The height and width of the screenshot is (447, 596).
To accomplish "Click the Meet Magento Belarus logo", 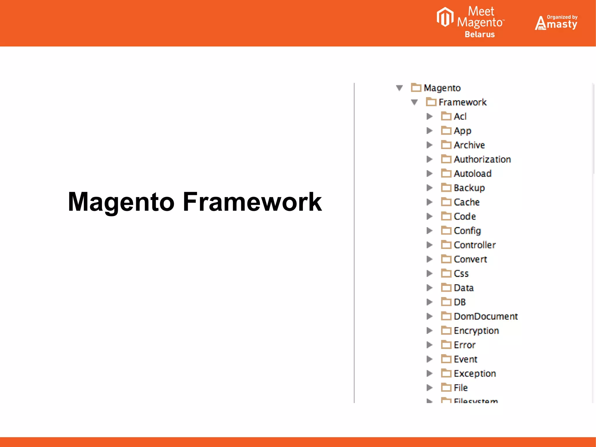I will click(471, 22).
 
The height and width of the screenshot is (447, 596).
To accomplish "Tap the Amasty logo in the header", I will click(556, 23).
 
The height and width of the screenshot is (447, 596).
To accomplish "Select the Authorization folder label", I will click(482, 159).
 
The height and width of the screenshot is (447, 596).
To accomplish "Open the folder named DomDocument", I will click(485, 316).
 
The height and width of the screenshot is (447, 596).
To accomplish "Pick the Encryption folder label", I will click(476, 331).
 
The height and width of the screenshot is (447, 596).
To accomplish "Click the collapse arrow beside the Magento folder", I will click(399, 88).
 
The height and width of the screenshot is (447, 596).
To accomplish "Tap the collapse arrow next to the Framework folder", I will click(414, 102).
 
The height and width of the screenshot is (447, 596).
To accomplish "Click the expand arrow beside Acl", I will click(429, 116).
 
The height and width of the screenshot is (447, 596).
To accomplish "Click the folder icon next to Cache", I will click(446, 202).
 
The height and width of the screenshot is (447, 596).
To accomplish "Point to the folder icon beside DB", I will click(446, 302).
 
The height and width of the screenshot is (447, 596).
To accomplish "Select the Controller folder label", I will click(475, 245).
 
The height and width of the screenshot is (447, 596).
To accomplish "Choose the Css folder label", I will click(461, 273).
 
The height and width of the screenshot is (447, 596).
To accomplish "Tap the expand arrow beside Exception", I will click(429, 373).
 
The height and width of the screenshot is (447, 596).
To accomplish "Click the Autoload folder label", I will click(472, 174).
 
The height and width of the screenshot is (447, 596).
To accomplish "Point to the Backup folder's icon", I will click(446, 188).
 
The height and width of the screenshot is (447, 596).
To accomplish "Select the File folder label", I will click(460, 388).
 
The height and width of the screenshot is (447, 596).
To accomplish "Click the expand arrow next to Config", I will click(429, 231).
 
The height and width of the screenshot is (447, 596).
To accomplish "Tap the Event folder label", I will click(465, 359).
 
